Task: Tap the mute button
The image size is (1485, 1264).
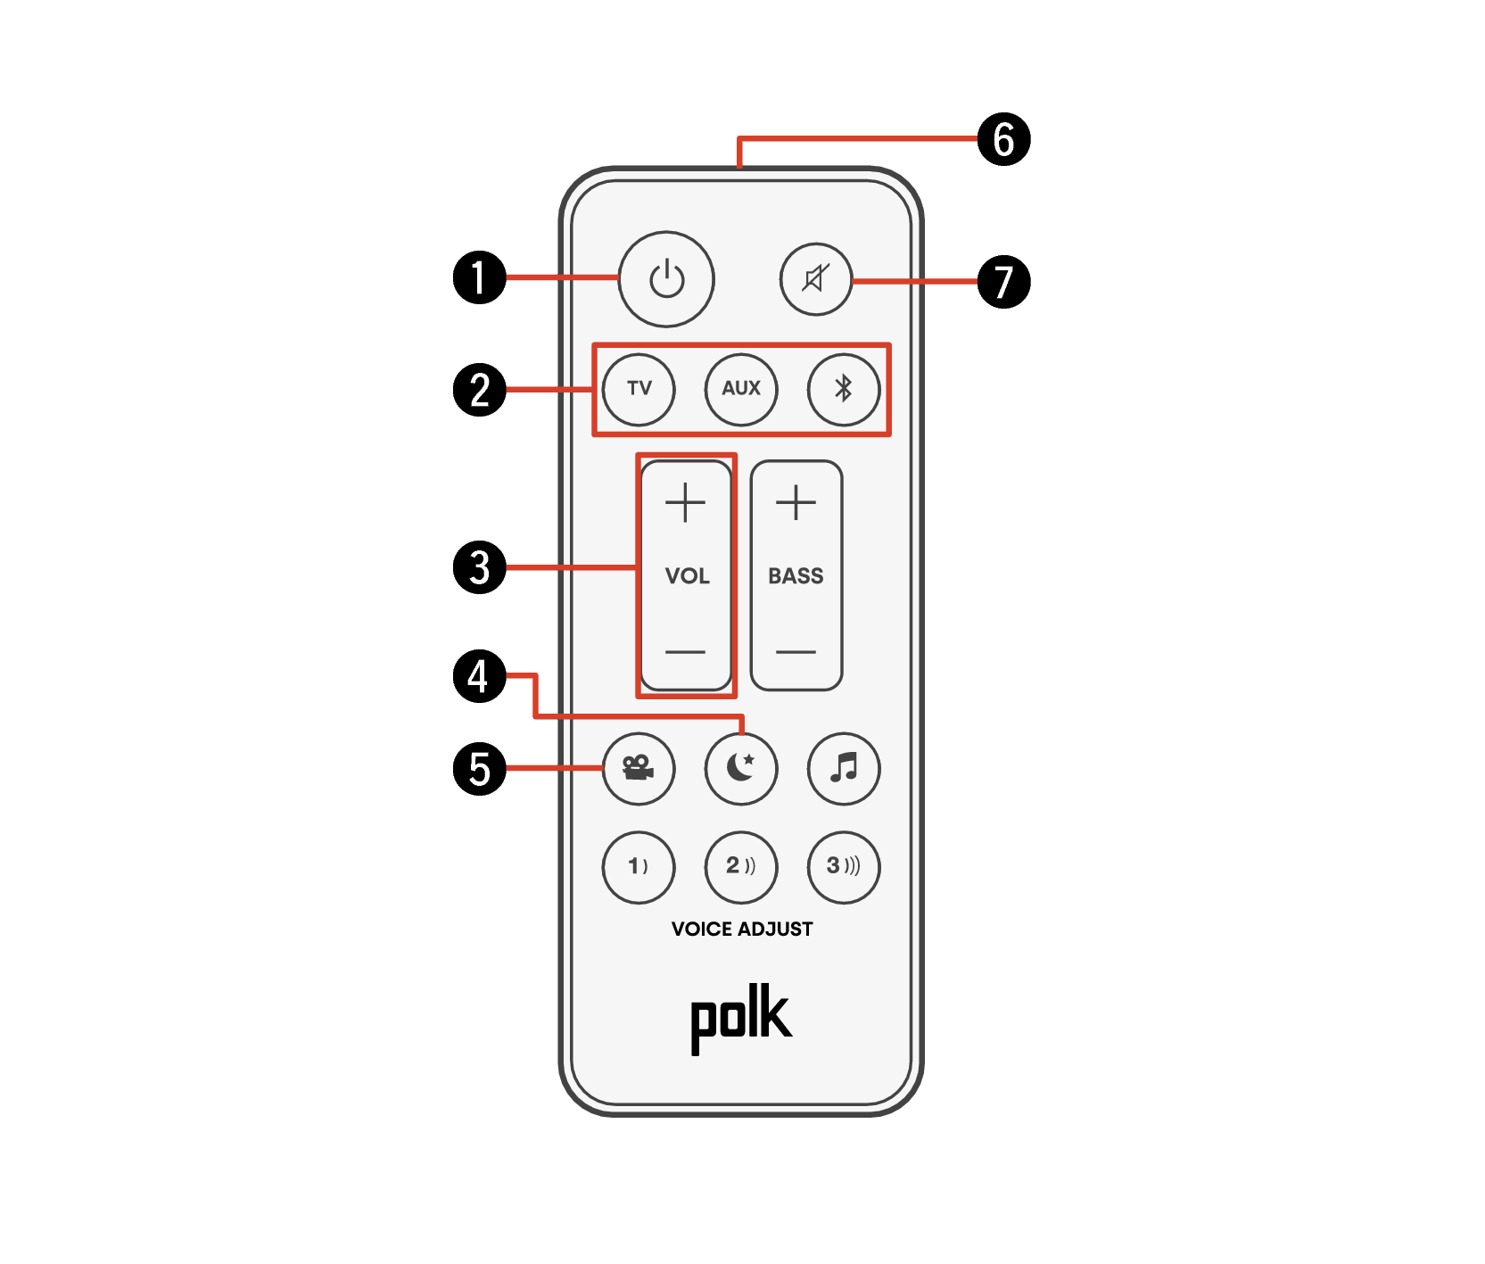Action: tap(815, 279)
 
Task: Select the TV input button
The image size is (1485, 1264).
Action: tap(639, 389)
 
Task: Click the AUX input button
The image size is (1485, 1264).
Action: tap(741, 389)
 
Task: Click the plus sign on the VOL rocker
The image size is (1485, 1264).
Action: tap(685, 502)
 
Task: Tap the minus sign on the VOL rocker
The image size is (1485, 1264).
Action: tap(685, 651)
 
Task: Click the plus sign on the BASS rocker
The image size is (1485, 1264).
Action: tap(796, 502)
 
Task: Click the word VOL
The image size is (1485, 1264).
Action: tap(687, 576)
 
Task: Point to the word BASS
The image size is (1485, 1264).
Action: tap(796, 576)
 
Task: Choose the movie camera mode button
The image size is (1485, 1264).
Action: tap(639, 768)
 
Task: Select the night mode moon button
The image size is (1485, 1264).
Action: tap(741, 768)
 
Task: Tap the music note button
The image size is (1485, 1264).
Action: tap(844, 768)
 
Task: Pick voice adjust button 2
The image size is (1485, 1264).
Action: tap(741, 866)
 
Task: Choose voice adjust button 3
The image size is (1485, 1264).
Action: tap(844, 866)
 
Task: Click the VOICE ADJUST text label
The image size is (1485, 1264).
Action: tap(742, 929)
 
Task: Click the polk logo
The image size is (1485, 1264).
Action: tap(741, 1018)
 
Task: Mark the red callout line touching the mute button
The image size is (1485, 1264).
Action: tap(914, 281)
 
